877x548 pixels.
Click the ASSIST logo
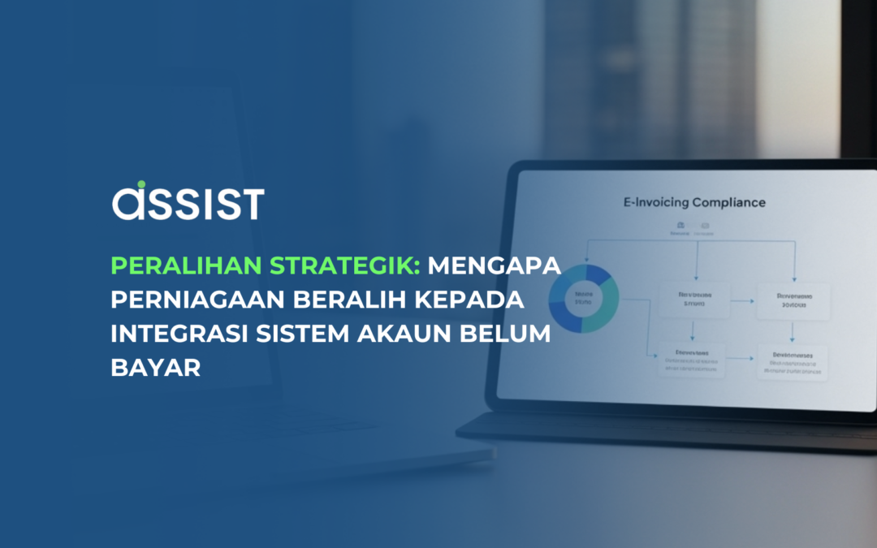pyautogui.click(x=188, y=202)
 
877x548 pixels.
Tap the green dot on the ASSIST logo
pyautogui.click(x=140, y=186)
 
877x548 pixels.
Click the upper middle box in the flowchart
pyautogui.click(x=689, y=300)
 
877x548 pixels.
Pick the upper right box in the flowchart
pyautogui.click(x=792, y=301)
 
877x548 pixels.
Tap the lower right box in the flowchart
pyautogui.click(x=792, y=362)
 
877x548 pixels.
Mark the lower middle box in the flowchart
pyautogui.click(x=691, y=360)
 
